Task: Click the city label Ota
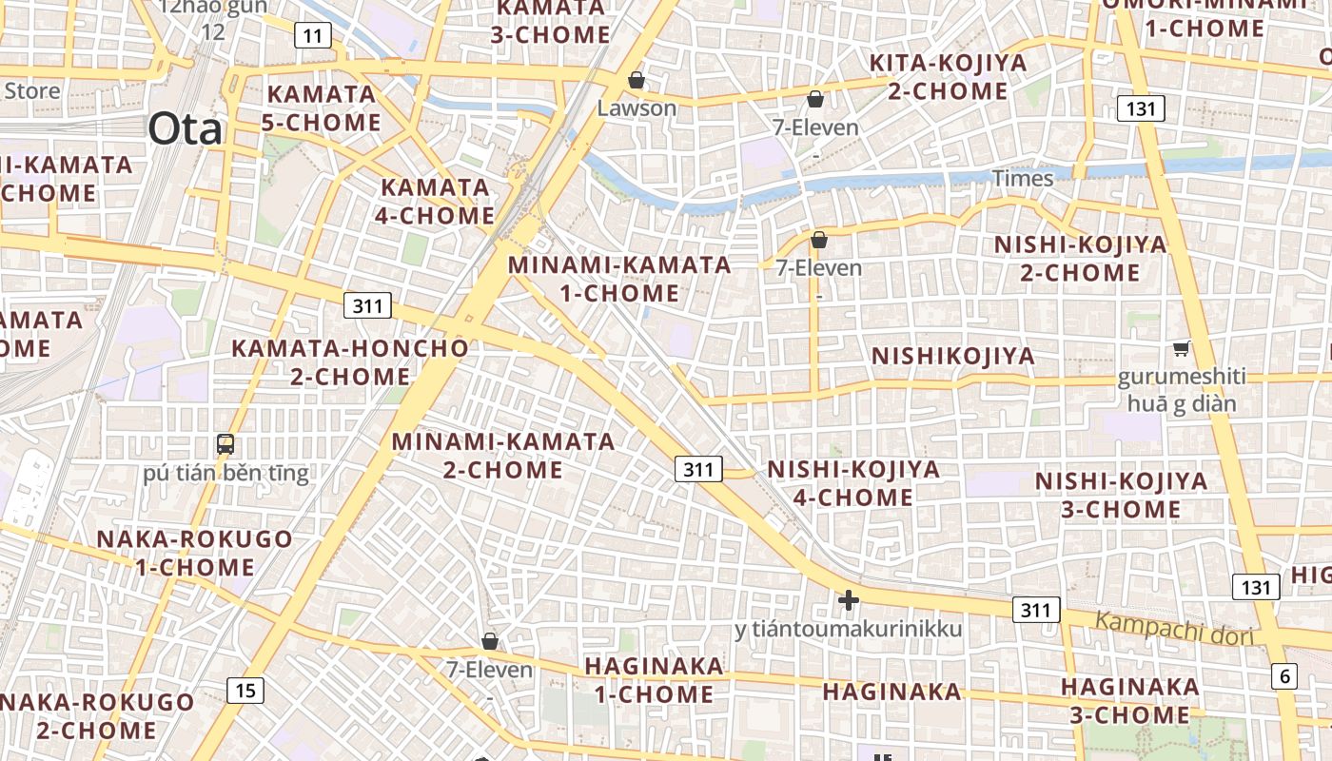click(x=185, y=128)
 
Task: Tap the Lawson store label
click(x=637, y=107)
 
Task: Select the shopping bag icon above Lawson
click(x=637, y=80)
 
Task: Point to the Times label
click(x=1023, y=178)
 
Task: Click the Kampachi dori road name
click(x=1174, y=630)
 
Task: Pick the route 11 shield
click(x=312, y=36)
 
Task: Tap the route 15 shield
click(x=245, y=690)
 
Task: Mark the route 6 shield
click(x=1283, y=676)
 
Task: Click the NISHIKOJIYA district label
click(x=952, y=356)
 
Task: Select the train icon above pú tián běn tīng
click(x=225, y=443)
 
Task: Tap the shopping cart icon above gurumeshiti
click(x=1181, y=349)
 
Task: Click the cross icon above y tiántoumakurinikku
click(x=848, y=600)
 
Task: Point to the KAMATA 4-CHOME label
click(x=434, y=202)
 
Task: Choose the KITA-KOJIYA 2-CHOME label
click(x=948, y=77)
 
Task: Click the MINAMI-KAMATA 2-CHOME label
click(x=502, y=456)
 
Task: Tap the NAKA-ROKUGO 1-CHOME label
click(x=194, y=553)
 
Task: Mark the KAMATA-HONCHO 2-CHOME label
click(x=350, y=362)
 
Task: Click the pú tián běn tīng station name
click(x=226, y=473)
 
